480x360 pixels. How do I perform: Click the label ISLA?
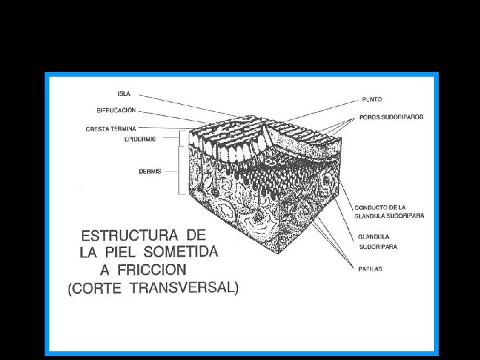(123, 94)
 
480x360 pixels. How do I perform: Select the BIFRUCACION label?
(116, 110)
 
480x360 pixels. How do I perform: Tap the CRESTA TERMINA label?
(111, 129)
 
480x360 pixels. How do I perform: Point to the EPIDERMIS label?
(140, 139)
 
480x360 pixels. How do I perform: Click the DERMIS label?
(149, 171)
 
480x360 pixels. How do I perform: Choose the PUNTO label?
(371, 99)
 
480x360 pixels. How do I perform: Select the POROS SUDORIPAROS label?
(391, 117)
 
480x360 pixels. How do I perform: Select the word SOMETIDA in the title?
(185, 253)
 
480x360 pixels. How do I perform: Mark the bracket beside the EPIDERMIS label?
(182, 139)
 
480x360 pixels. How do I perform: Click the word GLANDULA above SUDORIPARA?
(373, 237)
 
